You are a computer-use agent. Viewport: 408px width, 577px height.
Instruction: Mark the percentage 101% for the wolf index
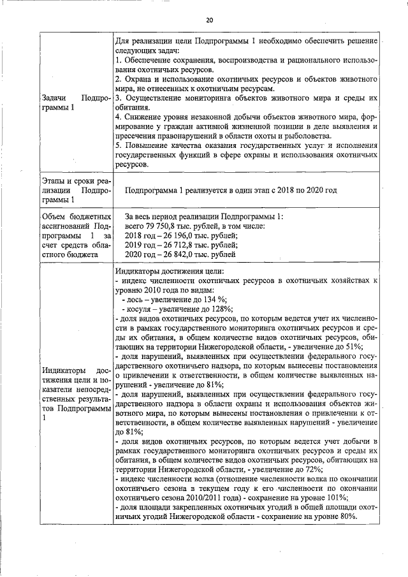[347, 497]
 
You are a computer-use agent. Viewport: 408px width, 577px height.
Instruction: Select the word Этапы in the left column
[54, 182]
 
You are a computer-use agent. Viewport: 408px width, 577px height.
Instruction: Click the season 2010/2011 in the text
[209, 497]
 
